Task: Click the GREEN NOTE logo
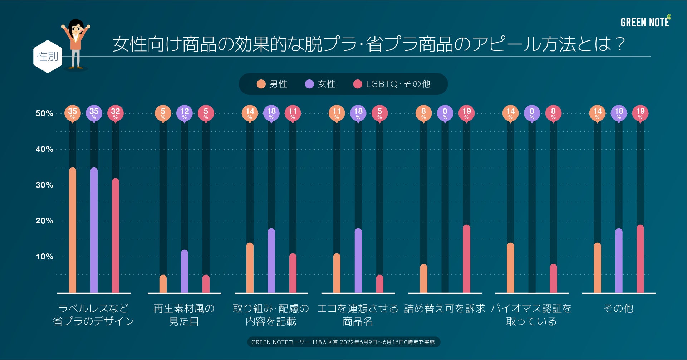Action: [x=645, y=22]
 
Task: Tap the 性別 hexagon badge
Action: [x=48, y=57]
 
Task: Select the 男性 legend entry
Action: [x=272, y=84]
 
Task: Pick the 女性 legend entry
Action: [x=320, y=84]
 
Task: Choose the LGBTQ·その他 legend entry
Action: [x=392, y=84]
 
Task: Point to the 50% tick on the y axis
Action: [x=44, y=113]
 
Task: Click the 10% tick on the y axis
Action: [x=44, y=257]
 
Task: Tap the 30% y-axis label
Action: [x=44, y=185]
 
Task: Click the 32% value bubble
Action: [x=115, y=113]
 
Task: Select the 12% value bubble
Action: [x=184, y=113]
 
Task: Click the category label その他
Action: [x=618, y=308]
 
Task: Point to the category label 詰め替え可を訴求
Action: [x=445, y=308]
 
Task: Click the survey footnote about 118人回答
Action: [x=343, y=342]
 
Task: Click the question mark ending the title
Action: [x=620, y=44]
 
